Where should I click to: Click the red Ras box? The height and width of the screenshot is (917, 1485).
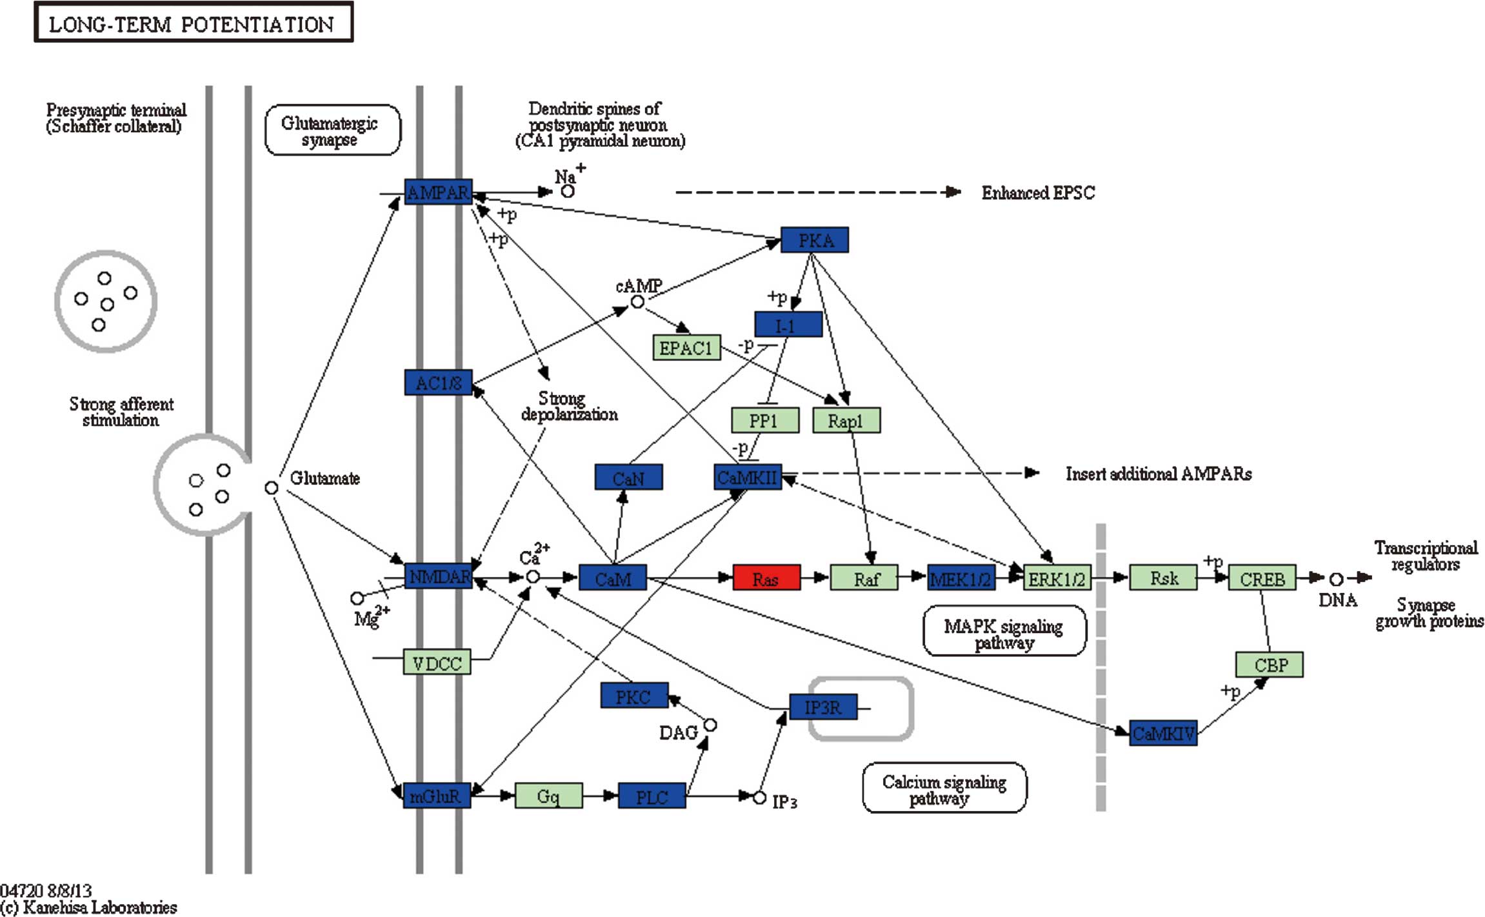[x=766, y=578]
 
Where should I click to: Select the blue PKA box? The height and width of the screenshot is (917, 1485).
[x=815, y=240]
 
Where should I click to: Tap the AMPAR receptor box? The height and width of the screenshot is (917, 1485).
[x=438, y=192]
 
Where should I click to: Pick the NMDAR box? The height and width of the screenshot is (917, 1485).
[x=439, y=576]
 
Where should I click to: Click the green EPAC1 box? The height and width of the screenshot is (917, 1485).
[x=686, y=348]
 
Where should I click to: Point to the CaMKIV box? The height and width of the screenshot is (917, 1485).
[x=1163, y=733]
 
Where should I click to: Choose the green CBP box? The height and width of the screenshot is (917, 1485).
[x=1269, y=665]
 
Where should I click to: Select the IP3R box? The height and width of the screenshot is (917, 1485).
[x=823, y=707]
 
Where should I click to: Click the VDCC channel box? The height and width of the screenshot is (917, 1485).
[x=437, y=663]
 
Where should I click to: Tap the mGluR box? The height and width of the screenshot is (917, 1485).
[x=437, y=796]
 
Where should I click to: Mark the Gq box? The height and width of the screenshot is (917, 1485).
[x=548, y=796]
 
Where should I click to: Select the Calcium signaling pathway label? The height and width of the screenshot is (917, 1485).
[x=944, y=789]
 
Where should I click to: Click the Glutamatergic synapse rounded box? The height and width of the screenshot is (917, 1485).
[x=332, y=130]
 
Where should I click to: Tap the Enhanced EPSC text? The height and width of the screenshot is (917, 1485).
[x=1037, y=193]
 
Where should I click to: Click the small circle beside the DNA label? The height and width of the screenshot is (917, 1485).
[x=1336, y=579]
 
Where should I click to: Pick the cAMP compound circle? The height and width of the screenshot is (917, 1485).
[x=637, y=302]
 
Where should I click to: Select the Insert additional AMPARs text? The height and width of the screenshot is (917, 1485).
[x=1158, y=474]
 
